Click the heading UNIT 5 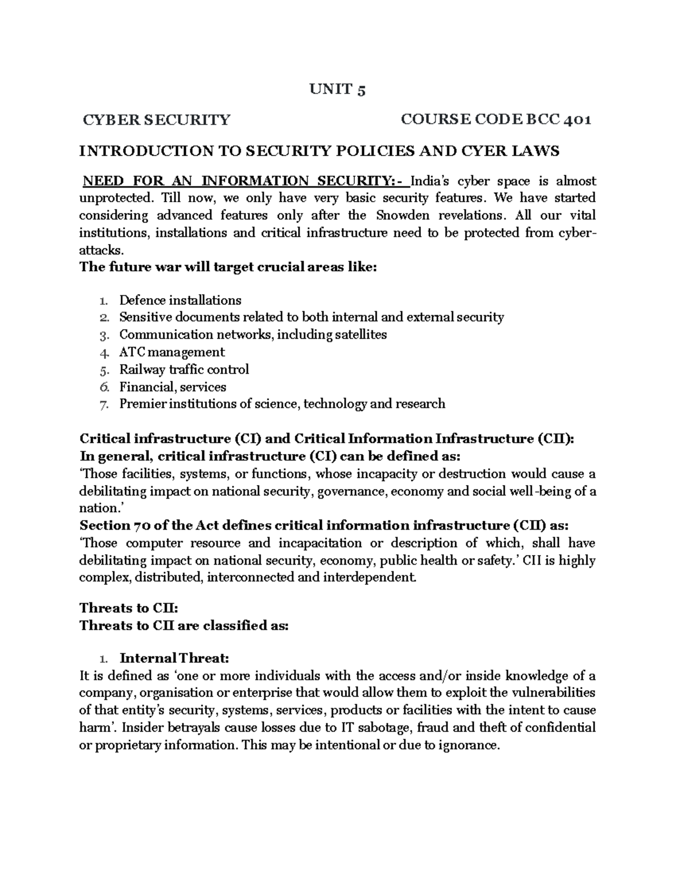click(x=338, y=90)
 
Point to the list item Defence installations click(x=180, y=300)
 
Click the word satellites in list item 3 click(x=361, y=335)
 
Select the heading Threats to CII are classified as click(x=184, y=625)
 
